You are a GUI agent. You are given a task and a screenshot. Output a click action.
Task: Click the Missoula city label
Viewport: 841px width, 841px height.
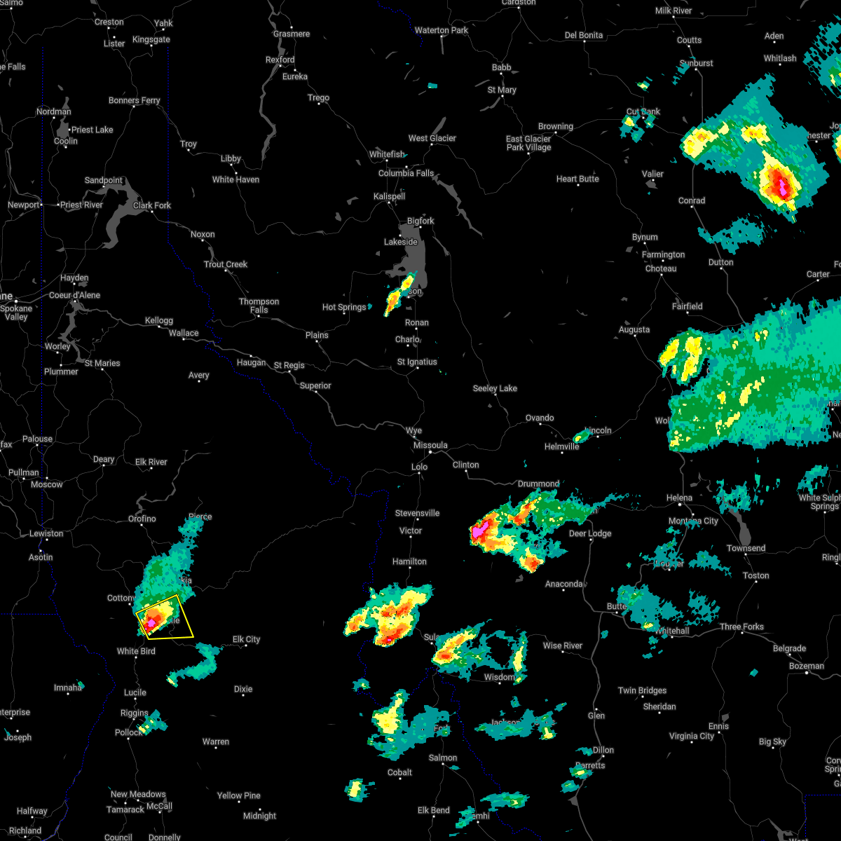[x=430, y=445]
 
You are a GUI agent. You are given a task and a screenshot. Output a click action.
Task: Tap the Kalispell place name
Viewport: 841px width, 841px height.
[x=389, y=196]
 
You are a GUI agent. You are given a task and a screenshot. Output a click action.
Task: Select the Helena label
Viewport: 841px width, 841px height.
[x=679, y=498]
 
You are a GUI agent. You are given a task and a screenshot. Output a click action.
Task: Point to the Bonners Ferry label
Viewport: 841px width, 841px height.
[x=134, y=101]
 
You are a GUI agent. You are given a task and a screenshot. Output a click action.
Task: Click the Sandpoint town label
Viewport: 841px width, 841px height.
[x=104, y=181]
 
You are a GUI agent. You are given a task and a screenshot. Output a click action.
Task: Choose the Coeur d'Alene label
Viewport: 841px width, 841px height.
[x=75, y=295]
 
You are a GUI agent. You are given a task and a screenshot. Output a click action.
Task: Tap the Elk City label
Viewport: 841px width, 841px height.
[x=246, y=639]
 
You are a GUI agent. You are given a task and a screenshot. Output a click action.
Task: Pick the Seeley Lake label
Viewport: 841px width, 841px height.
[x=495, y=388]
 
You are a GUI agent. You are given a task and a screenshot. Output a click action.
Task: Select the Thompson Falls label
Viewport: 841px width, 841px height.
[x=259, y=306]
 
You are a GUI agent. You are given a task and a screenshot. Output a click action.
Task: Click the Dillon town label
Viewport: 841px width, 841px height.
[x=603, y=750]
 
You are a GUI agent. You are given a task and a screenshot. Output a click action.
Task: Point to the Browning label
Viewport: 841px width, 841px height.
[x=555, y=127]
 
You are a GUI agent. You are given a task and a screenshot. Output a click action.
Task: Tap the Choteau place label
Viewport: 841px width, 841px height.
[x=661, y=269]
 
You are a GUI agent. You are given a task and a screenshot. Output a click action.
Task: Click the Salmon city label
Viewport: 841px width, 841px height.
[x=443, y=758]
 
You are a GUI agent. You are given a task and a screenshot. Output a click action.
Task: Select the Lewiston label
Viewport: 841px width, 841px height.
[x=46, y=534]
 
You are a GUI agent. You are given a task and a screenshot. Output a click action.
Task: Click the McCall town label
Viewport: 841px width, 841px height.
[x=159, y=806]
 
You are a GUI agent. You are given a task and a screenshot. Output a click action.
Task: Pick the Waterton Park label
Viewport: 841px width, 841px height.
[x=441, y=30]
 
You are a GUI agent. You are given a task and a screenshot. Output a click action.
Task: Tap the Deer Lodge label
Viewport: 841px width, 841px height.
[x=589, y=534]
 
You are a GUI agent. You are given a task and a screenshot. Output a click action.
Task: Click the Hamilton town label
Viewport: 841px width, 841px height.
[x=409, y=561]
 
